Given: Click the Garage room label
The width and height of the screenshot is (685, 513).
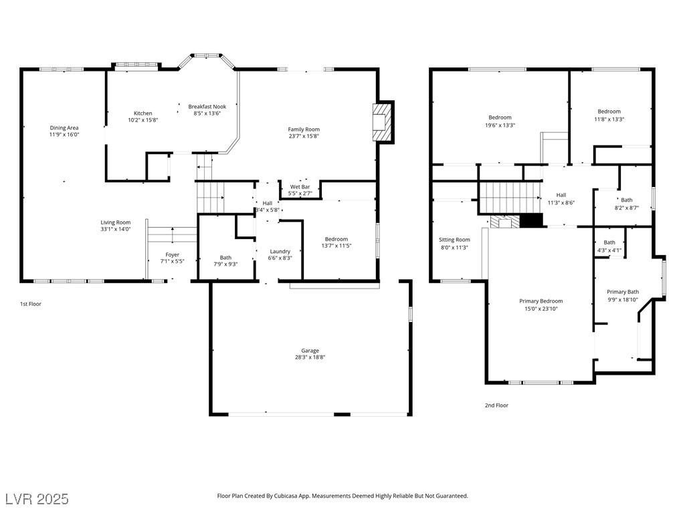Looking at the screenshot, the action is coord(310,350).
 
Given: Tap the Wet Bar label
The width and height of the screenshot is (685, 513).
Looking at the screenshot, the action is coord(300,187).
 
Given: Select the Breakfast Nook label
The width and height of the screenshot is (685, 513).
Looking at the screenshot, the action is coord(207,106).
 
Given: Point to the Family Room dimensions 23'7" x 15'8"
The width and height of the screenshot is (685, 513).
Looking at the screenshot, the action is coord(304,136).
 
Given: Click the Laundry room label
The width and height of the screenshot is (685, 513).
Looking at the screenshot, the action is coord(280,251).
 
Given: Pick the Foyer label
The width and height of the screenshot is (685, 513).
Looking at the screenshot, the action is coord(172,254).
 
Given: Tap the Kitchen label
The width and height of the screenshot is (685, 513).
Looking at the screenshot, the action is coord(143,114).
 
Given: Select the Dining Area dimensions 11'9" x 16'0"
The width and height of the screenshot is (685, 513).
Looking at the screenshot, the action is coord(64,135).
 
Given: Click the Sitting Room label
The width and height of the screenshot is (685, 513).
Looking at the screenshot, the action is coord(454,240).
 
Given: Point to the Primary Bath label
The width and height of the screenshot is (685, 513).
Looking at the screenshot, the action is coord(623,292).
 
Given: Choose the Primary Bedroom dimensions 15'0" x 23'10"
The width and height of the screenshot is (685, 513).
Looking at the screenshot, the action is coord(541,309).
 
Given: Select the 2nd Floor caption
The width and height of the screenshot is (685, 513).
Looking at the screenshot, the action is coord(496,405).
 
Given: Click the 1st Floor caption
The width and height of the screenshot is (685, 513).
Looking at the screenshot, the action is coord(31,304).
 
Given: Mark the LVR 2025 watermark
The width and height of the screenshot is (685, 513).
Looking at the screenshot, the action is coord(37,499).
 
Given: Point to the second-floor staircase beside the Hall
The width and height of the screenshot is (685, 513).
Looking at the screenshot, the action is coord(510,198).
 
